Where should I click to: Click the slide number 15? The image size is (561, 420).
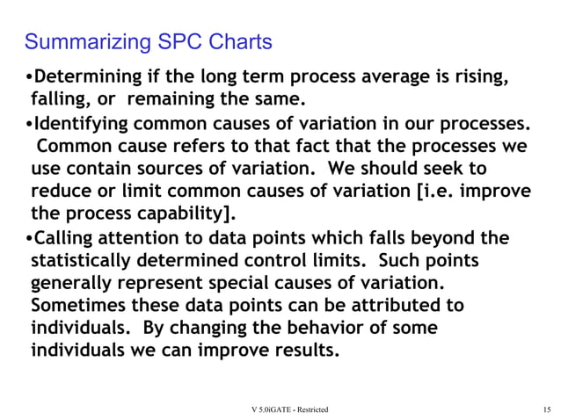click(546, 409)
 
